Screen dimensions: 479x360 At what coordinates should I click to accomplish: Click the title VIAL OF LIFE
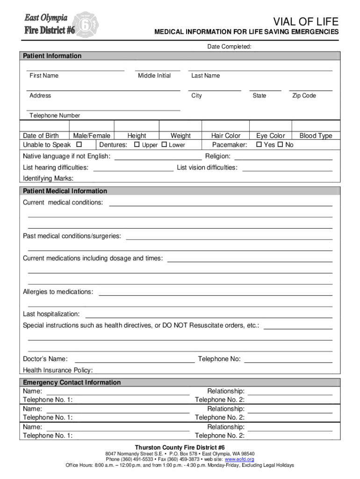pyautogui.click(x=306, y=22)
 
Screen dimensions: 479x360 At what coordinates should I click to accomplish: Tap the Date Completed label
pyautogui.click(x=229, y=47)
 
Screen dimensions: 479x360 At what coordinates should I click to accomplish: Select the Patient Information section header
pyautogui.click(x=52, y=56)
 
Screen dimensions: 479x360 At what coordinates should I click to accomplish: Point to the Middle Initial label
pyautogui.click(x=154, y=76)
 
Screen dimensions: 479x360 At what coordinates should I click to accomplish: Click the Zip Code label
pyautogui.click(x=304, y=96)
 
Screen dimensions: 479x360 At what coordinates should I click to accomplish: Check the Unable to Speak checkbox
pyautogui.click(x=79, y=145)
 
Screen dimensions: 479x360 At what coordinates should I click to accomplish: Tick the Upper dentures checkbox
pyautogui.click(x=137, y=145)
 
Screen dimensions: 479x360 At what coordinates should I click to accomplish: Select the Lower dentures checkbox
pyautogui.click(x=164, y=145)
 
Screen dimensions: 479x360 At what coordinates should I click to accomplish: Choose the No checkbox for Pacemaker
pyautogui.click(x=280, y=145)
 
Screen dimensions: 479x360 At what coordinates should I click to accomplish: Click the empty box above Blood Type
pyautogui.click(x=316, y=126)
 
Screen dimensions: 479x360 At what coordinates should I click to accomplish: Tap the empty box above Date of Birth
pyautogui.click(x=44, y=126)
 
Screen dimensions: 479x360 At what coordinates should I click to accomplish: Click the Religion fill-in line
pyautogui.click(x=283, y=159)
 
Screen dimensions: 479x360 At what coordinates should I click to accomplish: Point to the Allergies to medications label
pyautogui.click(x=58, y=292)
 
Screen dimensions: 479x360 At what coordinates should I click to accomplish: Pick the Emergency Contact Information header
pyautogui.click(x=72, y=383)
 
